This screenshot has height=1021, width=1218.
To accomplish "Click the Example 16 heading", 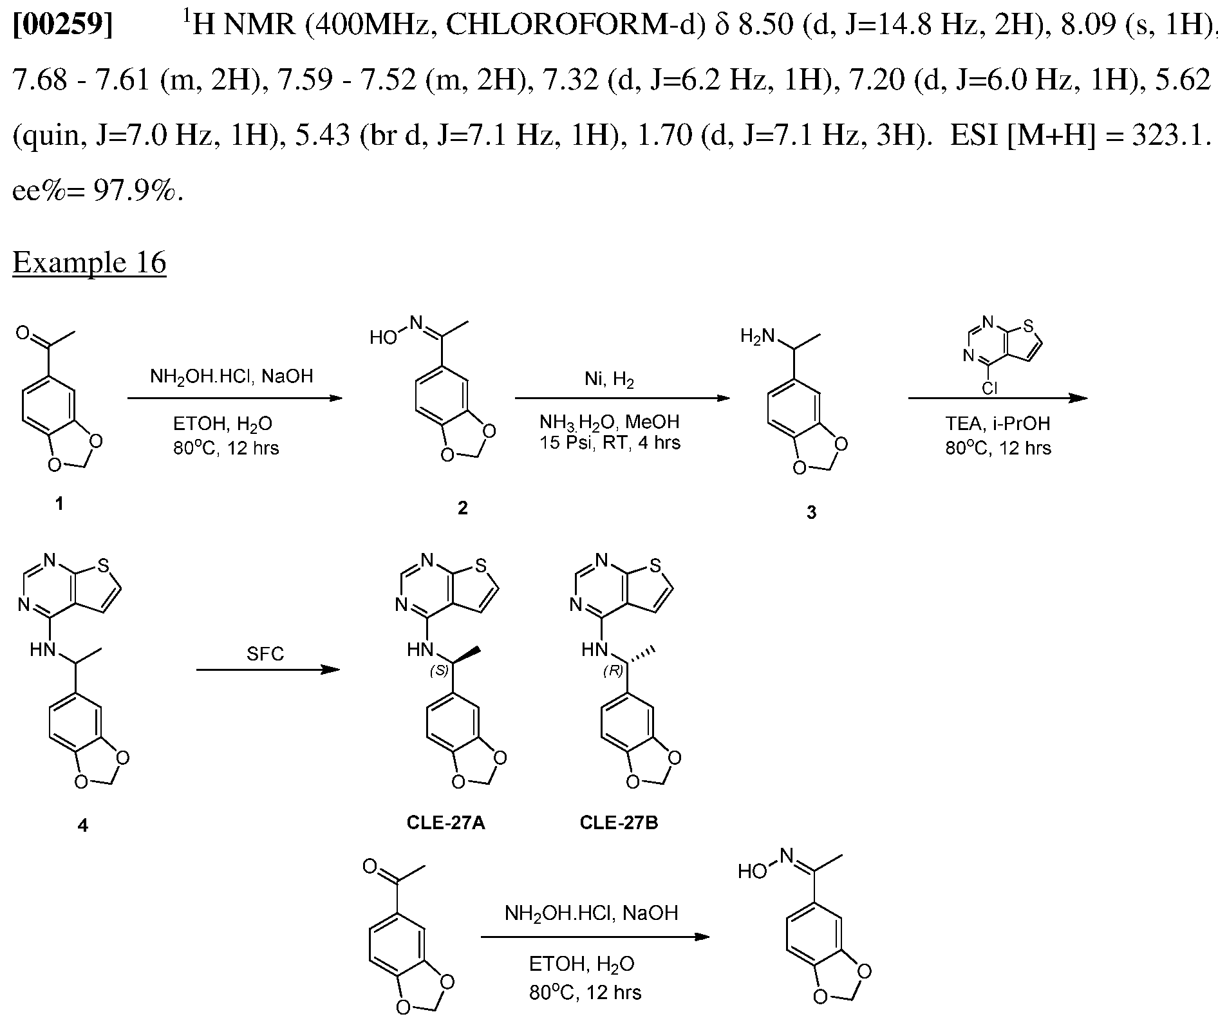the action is click(89, 263).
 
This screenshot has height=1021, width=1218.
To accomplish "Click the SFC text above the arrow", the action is click(265, 654).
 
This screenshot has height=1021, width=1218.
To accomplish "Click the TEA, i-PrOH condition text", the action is click(998, 423).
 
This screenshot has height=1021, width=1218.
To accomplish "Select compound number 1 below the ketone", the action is click(59, 504).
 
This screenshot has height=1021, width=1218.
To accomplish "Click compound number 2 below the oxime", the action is click(462, 508).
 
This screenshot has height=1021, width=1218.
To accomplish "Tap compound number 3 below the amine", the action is click(811, 512).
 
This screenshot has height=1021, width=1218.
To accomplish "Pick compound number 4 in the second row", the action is click(82, 825).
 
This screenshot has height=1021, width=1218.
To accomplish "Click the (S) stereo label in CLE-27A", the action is click(440, 671).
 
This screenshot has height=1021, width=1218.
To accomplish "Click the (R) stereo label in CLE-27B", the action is click(614, 671).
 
